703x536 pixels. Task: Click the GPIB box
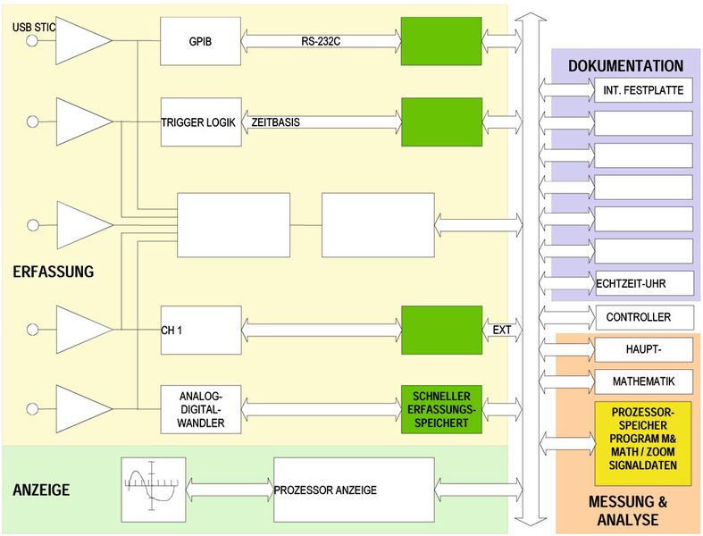[x=201, y=41]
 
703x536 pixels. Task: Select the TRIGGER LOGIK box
[x=201, y=122]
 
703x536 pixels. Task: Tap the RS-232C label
[x=322, y=40]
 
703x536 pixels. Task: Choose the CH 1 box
[x=201, y=330]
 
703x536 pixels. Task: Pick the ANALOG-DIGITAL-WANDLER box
[x=201, y=409]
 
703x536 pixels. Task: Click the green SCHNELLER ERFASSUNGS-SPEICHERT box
[x=441, y=409]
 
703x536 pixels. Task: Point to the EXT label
[x=502, y=330]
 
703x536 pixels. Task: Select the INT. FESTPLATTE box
[x=643, y=90]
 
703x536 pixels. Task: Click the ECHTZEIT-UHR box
[x=643, y=283]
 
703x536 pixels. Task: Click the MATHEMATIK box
[x=643, y=381]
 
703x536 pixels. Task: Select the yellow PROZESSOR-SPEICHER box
[x=643, y=443]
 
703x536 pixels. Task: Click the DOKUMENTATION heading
[x=625, y=66]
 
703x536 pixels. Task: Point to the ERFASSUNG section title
[x=54, y=272]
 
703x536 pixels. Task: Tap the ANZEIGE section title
[x=41, y=490]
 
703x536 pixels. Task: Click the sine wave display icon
[x=152, y=490]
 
